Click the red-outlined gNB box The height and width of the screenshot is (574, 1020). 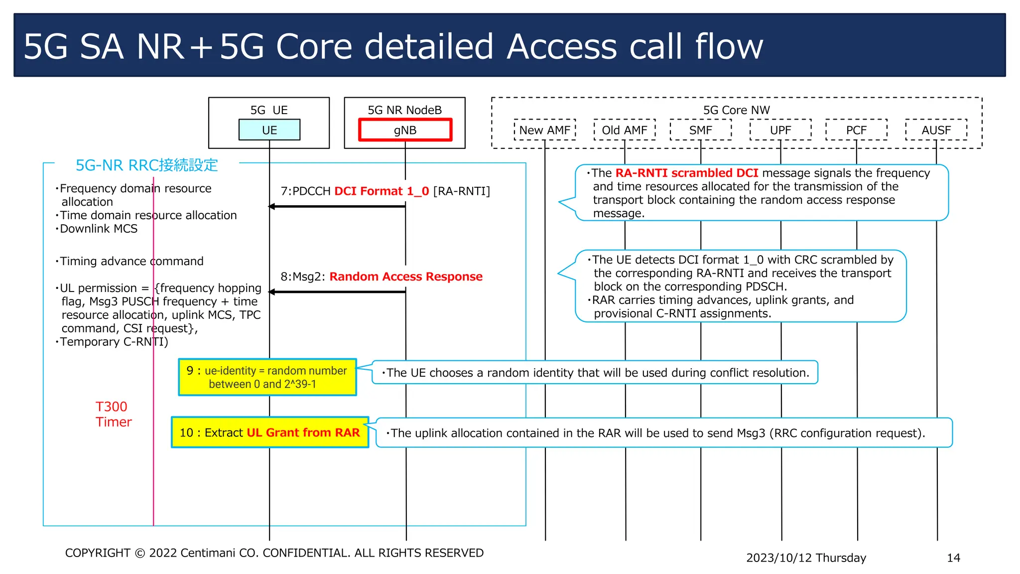coord(405,130)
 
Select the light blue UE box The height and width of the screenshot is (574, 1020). coord(269,130)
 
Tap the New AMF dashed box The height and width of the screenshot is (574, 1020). coord(544,130)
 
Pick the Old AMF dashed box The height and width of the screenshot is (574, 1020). coord(625,130)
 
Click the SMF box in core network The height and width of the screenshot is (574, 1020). coord(700,130)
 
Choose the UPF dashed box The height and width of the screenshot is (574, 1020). coord(780,130)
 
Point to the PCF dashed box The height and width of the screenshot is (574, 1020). coord(856,130)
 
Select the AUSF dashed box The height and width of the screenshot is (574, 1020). coord(936,130)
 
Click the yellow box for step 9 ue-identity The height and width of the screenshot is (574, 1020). coord(267,377)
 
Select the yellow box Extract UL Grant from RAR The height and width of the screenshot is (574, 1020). coord(270,432)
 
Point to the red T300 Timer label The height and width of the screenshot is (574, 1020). coord(113,414)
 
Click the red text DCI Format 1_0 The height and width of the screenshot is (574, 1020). coord(382,191)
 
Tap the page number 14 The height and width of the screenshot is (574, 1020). coord(953,558)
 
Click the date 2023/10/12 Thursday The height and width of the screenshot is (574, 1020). coord(806,558)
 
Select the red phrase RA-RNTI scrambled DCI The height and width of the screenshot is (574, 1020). coord(687,173)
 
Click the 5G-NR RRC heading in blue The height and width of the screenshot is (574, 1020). coord(146,165)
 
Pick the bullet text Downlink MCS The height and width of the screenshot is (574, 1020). coord(99,229)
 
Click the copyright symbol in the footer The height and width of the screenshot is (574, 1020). coord(140,553)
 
